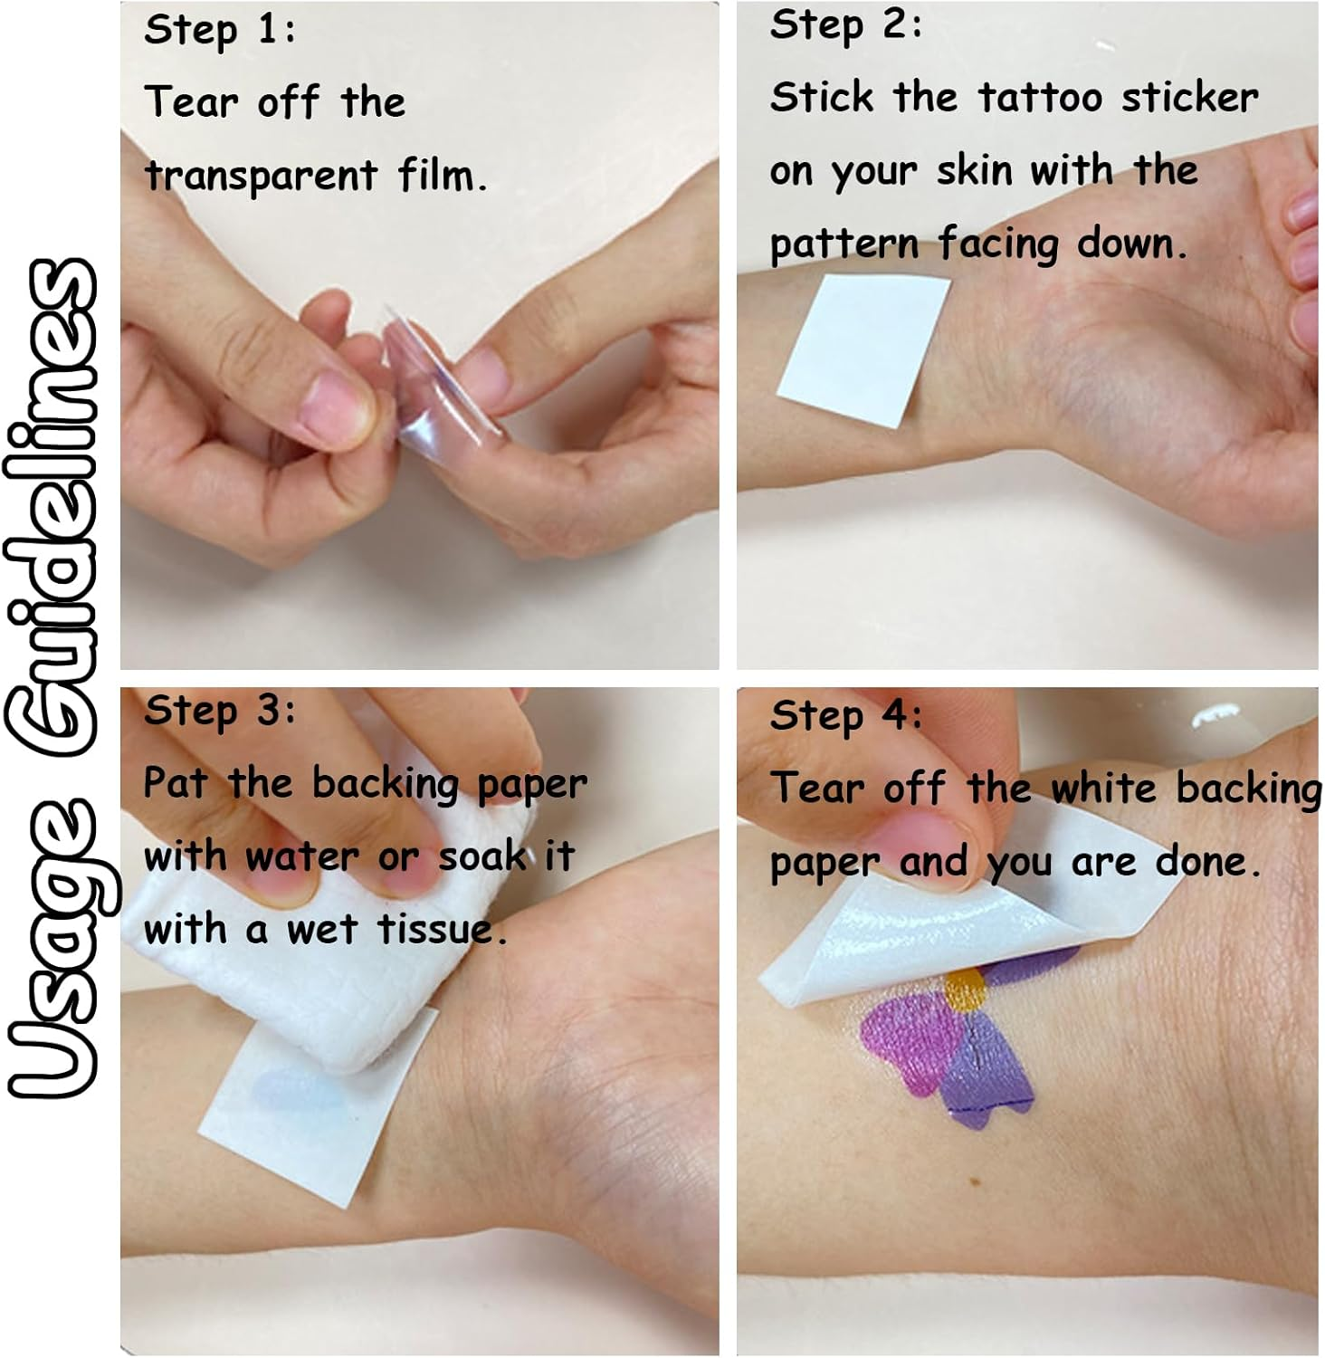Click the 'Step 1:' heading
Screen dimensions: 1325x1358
coord(219,31)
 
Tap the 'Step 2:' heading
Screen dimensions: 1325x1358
coord(845,25)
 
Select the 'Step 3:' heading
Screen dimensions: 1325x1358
coord(219,711)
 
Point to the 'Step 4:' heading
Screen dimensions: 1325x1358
coord(845,716)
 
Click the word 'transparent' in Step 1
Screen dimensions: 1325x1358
coord(261,175)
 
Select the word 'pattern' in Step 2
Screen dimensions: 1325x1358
coord(844,245)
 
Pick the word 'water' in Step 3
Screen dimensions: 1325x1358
coord(300,856)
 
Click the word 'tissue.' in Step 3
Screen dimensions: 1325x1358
coord(442,928)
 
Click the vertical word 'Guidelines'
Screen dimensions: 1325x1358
coord(62,506)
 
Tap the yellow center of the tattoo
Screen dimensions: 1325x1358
coord(965,990)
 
